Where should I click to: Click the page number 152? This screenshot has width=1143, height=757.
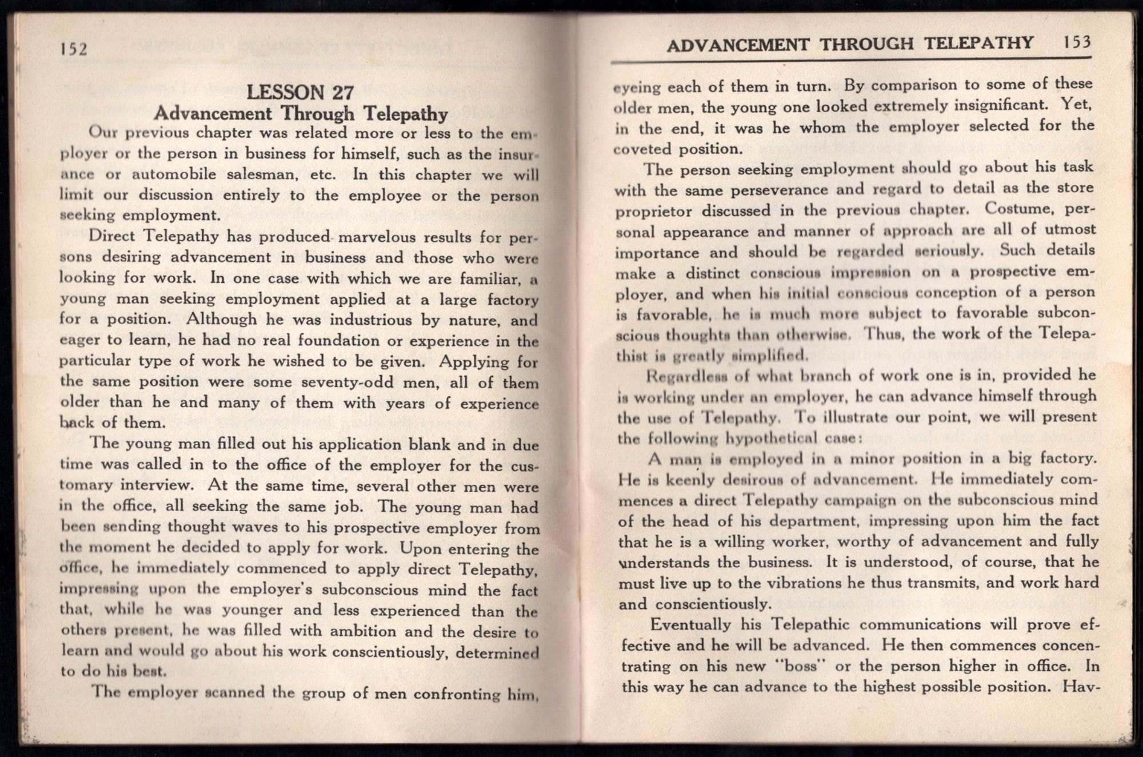74,49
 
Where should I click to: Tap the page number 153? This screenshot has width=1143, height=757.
1077,43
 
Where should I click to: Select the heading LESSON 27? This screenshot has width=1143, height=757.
301,93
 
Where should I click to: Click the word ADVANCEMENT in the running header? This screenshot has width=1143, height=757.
738,45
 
